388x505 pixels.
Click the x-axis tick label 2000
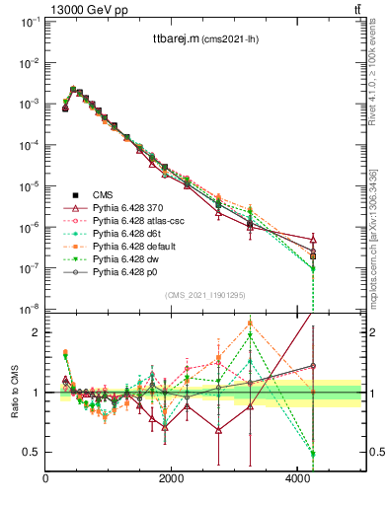pos(172,479)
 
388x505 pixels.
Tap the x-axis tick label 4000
pos(297,479)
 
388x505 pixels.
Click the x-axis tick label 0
pos(46,479)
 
